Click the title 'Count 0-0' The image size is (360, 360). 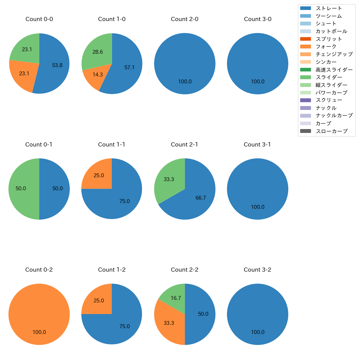pyautogui.click(x=39, y=19)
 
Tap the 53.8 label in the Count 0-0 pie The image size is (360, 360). pyautogui.click(x=57, y=65)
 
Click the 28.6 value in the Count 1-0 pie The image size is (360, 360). pyautogui.click(x=98, y=52)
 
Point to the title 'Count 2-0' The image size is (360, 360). pyautogui.click(x=184, y=19)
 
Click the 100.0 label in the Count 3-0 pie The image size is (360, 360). pyautogui.click(x=258, y=82)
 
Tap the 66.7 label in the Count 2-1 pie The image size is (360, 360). pyautogui.click(x=200, y=198)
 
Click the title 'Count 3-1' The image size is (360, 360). pyautogui.click(x=257, y=145)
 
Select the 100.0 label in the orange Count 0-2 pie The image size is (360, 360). pyautogui.click(x=39, y=332)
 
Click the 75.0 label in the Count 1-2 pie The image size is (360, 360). pyautogui.click(x=125, y=326)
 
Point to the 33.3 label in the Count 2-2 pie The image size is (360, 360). pyautogui.click(x=169, y=323)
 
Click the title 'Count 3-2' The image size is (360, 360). pyautogui.click(x=257, y=270)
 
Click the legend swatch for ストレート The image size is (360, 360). pyautogui.click(x=305, y=8)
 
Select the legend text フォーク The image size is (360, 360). pyautogui.click(x=326, y=47)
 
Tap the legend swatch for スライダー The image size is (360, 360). pyautogui.click(x=305, y=77)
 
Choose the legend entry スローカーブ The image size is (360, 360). pyautogui.click(x=331, y=131)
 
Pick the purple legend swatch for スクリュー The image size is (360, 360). pyautogui.click(x=305, y=100)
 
